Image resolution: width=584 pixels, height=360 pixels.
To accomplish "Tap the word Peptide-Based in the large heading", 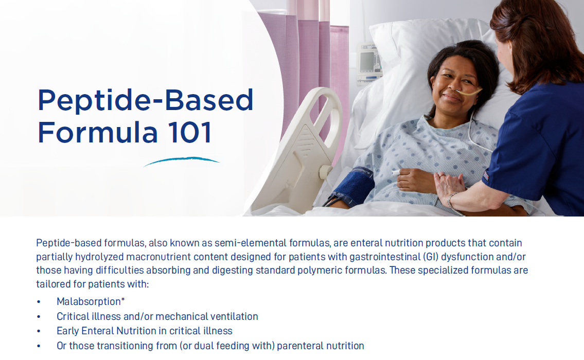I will pos(146,100).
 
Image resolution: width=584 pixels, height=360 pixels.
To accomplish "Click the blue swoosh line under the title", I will pos(181,161).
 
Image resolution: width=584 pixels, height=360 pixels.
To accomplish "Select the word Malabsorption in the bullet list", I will pos(89,302).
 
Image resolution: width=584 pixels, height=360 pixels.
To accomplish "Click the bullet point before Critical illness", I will pos(39,317).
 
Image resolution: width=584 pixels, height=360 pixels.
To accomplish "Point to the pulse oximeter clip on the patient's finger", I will pos(397,173).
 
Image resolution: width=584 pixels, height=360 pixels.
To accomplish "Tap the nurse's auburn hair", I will pos(535,36).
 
